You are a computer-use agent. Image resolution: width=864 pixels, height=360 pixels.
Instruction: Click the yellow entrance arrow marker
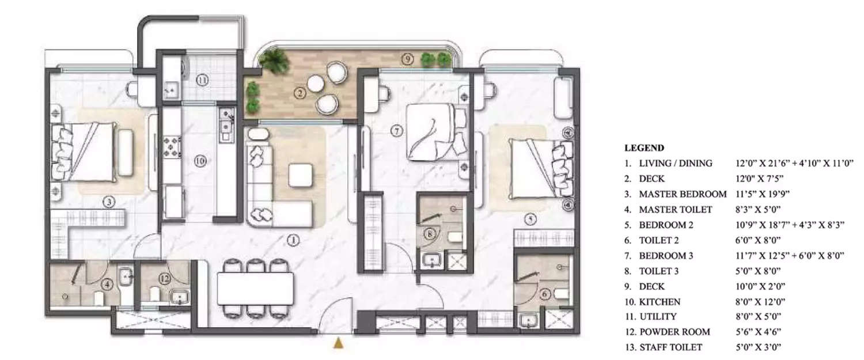339,344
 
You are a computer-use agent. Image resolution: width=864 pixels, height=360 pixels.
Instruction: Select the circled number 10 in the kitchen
199,162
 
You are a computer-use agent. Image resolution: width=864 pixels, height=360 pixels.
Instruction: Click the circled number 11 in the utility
202,80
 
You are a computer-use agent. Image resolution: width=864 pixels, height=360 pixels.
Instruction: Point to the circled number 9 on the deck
408,59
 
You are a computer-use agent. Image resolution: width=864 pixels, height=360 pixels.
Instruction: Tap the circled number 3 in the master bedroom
108,202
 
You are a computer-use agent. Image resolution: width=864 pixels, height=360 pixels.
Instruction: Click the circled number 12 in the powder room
165,279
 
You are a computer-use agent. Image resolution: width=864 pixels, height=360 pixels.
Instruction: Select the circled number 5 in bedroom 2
530,218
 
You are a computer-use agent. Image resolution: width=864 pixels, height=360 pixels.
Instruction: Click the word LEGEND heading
644,148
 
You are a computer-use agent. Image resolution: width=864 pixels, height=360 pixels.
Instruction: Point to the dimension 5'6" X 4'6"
759,332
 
